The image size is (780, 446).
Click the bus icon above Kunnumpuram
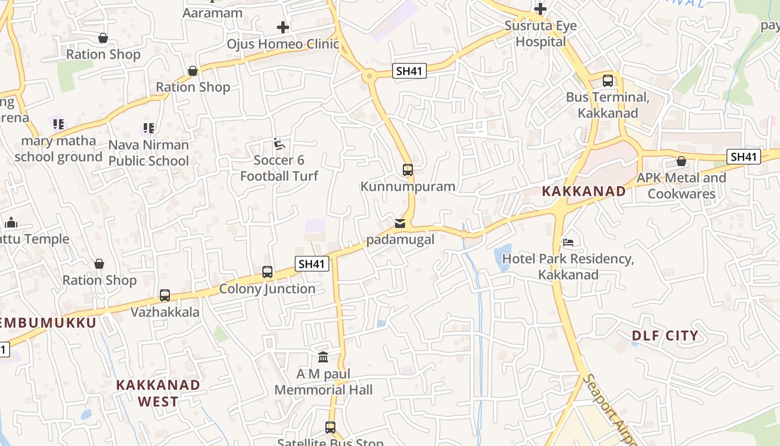point(408,169)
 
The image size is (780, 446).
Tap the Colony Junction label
point(267,289)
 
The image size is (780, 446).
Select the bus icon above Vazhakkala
point(165,295)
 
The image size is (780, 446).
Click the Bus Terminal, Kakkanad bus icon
point(608,80)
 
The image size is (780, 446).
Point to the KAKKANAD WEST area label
point(158,393)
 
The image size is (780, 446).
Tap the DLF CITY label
point(665,336)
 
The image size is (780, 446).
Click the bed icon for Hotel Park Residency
point(568,243)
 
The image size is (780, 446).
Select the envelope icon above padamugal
point(400,224)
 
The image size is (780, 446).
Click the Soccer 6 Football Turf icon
point(279,144)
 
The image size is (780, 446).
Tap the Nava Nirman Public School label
point(149,153)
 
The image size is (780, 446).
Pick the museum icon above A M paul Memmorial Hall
point(323,357)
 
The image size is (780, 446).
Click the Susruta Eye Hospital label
point(540,33)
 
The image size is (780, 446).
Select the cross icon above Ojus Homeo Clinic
point(283,27)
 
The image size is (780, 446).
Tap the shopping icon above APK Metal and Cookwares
point(681,161)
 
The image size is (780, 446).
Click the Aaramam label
point(213,13)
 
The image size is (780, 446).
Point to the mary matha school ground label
point(58,149)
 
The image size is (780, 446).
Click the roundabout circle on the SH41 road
point(369,76)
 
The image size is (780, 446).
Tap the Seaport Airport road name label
point(610,410)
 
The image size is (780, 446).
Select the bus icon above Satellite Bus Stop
point(330,428)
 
